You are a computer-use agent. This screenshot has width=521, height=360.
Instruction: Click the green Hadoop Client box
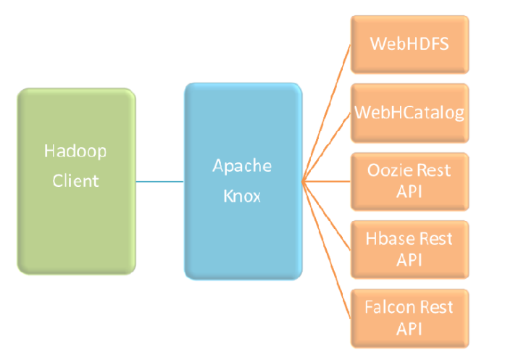pos(76,181)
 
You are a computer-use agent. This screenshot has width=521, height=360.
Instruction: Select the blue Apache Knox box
pos(243,181)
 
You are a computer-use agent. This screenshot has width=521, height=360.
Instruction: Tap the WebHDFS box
pos(409,43)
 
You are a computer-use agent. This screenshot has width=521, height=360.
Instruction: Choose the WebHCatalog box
pos(409,113)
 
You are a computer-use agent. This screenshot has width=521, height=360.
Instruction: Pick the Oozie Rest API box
pos(409,181)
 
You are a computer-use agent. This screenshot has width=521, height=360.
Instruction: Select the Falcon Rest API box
pos(409,317)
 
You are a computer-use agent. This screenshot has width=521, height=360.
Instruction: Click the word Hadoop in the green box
pos(75,151)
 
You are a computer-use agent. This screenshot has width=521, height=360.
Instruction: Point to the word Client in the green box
pos(75,180)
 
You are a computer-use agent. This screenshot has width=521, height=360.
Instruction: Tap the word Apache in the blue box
pos(242,166)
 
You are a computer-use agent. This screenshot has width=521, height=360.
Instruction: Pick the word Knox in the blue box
pos(242,196)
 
